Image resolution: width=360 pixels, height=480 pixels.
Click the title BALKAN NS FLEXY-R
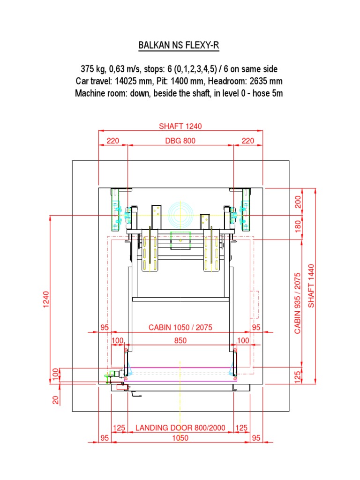point(179,45)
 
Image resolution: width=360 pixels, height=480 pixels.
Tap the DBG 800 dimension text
point(180,140)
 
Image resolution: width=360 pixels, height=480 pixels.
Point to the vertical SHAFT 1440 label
point(312,286)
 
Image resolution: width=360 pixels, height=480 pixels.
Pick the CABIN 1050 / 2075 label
point(180,327)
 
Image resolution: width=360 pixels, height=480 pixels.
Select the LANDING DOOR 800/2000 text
point(180,427)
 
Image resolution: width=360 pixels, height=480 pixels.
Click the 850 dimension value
point(180,341)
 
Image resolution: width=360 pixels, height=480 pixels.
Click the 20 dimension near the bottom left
point(56,400)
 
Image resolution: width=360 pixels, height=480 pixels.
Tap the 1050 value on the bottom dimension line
point(180,438)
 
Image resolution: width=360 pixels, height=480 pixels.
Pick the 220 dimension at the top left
point(112,140)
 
